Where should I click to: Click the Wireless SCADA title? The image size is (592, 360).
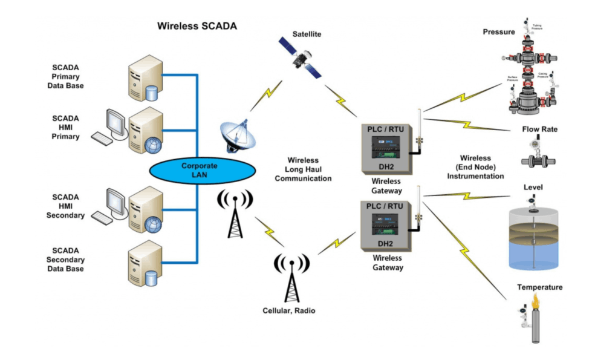pos(197,26)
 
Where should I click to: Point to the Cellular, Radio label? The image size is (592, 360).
pos(288,310)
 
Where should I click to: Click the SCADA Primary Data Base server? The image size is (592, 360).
pos(143,79)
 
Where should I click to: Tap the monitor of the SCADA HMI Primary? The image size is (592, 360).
pos(114,122)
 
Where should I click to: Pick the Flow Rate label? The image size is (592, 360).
pos(539,129)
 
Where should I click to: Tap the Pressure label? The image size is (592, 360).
pos(498,32)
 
